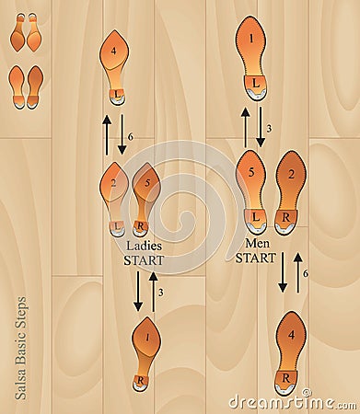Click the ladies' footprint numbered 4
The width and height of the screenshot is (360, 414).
coord(114,65)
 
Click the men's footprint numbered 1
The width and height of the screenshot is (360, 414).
coord(250,55)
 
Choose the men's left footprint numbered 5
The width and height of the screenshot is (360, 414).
coord(250,189)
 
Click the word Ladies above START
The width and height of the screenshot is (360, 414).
coord(145,247)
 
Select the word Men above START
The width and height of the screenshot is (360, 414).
coord(255,244)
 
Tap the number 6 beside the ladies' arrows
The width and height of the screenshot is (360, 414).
coord(131,136)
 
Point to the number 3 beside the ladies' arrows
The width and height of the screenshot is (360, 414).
coord(162,293)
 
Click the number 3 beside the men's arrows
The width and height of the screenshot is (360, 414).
coord(268,128)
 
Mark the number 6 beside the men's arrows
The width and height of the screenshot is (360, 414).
coord(305,273)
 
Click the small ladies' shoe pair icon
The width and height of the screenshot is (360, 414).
coord(26,32)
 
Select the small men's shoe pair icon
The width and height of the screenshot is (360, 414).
coord(26,86)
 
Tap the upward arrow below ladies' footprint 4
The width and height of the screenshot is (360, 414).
coord(107,134)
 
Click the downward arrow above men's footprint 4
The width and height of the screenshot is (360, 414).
coord(283,272)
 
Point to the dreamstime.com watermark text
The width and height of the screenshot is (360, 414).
coord(291,402)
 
